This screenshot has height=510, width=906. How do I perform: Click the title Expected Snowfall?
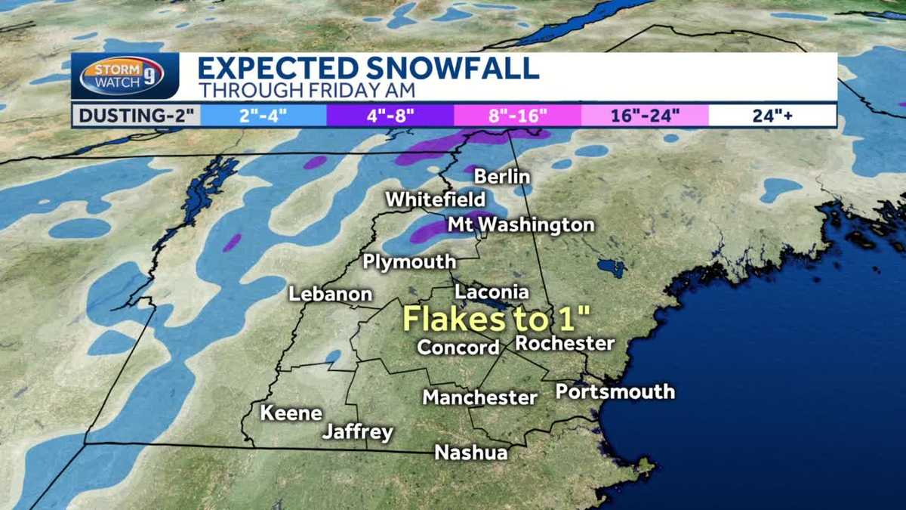pyautogui.click(x=368, y=68)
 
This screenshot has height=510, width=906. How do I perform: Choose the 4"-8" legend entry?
pyautogui.click(x=390, y=116)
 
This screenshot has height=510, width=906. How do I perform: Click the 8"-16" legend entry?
pyautogui.click(x=517, y=116)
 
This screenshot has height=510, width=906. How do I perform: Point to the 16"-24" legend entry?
pyautogui.click(x=645, y=116)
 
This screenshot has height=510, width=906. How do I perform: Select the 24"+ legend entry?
pyautogui.click(x=772, y=116)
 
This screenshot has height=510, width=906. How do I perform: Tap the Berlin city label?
pyautogui.click(x=502, y=177)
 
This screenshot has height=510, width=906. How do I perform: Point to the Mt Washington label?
pyautogui.click(x=521, y=225)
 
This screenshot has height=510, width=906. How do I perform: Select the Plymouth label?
pyautogui.click(x=409, y=262)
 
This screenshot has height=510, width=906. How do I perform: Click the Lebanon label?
pyautogui.click(x=331, y=295)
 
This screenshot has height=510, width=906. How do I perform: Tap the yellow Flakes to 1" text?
pyautogui.click(x=496, y=318)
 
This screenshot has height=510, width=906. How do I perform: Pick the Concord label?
pyautogui.click(x=458, y=348)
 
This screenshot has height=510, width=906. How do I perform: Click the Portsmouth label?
pyautogui.click(x=615, y=391)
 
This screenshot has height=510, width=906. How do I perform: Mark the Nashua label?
pyautogui.click(x=470, y=452)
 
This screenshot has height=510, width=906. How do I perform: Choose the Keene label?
pyautogui.click(x=291, y=413)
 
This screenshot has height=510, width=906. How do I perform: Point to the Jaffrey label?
pyautogui.click(x=358, y=433)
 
